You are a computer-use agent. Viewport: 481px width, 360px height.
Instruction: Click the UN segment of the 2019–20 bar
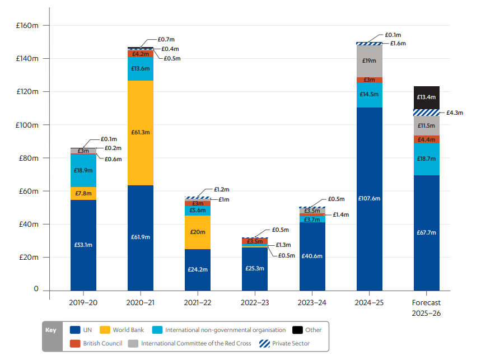tap(83, 245)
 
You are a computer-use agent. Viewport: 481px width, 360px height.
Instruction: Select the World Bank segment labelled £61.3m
tap(141, 133)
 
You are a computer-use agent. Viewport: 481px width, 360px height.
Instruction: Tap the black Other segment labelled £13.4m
tap(427, 97)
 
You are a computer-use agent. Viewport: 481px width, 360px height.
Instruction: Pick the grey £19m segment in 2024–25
tap(369, 60)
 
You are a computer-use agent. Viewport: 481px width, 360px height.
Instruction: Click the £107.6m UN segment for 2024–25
tap(369, 199)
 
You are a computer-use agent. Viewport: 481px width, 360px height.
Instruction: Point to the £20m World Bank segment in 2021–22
tap(198, 232)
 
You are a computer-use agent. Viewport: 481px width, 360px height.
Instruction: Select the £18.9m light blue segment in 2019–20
tap(83, 170)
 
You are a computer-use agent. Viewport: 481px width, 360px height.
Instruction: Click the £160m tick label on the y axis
tap(27, 26)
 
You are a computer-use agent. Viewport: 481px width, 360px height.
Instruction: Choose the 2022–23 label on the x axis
tap(255, 302)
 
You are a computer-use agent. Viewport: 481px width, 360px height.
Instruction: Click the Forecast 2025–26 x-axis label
tap(426, 308)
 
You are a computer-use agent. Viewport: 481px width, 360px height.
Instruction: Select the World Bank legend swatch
tap(104, 330)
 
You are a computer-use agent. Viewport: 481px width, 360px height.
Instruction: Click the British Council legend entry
tap(101, 343)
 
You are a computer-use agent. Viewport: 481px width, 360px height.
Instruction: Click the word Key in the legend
tap(52, 330)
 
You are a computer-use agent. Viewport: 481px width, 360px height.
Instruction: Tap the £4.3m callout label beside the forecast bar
tap(454, 113)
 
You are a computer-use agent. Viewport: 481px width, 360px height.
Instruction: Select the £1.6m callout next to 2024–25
tap(398, 43)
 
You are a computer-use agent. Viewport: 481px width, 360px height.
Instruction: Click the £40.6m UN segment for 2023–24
tap(312, 256)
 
